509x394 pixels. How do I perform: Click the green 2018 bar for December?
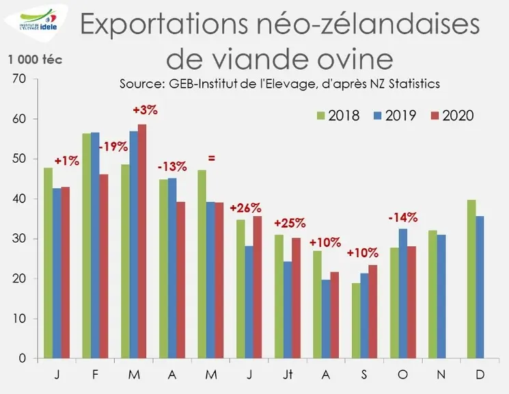pyautogui.click(x=471, y=279)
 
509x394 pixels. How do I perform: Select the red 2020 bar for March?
pyautogui.click(x=142, y=241)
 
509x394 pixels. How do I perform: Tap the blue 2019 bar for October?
pyautogui.click(x=403, y=293)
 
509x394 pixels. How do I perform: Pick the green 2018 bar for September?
pyautogui.click(x=356, y=321)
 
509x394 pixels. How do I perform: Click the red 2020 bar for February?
pyautogui.click(x=104, y=266)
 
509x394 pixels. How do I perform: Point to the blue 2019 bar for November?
pyautogui.click(x=441, y=296)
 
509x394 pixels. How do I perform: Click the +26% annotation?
pyautogui.click(x=245, y=208)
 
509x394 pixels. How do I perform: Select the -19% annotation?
pyautogui.click(x=113, y=146)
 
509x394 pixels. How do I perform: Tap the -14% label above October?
pyautogui.click(x=403, y=218)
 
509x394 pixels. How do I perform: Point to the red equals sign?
pyautogui.click(x=211, y=159)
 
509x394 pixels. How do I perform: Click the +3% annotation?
pyautogui.click(x=145, y=110)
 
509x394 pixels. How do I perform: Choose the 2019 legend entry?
pyautogui.click(x=394, y=116)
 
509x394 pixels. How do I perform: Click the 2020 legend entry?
pyautogui.click(x=452, y=116)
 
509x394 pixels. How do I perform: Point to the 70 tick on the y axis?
pyautogui.click(x=19, y=79)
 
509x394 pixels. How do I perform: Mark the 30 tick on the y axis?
pyautogui.click(x=19, y=239)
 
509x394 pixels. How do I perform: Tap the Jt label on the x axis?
pyautogui.click(x=288, y=374)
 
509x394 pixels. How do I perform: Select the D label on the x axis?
pyautogui.click(x=480, y=374)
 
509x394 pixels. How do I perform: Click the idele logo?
pyautogui.click(x=36, y=22)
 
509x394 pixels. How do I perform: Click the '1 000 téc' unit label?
pyautogui.click(x=35, y=60)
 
